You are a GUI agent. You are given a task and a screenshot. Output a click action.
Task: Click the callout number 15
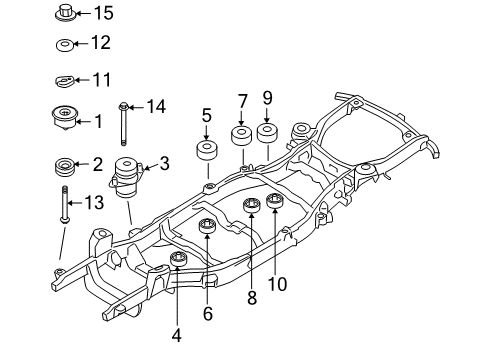tap(104, 13)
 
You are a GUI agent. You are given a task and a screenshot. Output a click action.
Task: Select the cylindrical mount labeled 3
tap(127, 175)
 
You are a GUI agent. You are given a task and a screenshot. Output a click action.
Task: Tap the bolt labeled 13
tap(63, 202)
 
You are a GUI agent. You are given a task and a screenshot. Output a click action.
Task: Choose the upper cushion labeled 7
tap(241, 136)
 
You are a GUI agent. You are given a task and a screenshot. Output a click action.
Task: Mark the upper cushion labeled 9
tap(268, 133)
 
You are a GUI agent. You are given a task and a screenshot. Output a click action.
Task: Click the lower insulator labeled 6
tap(206, 227)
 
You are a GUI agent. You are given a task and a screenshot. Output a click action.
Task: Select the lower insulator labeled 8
tap(251, 206)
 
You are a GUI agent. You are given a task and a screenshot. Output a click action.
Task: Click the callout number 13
tap(93, 203)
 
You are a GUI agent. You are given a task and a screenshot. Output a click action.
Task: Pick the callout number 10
tap(277, 283)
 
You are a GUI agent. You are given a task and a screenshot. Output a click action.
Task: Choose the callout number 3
tap(164, 163)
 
